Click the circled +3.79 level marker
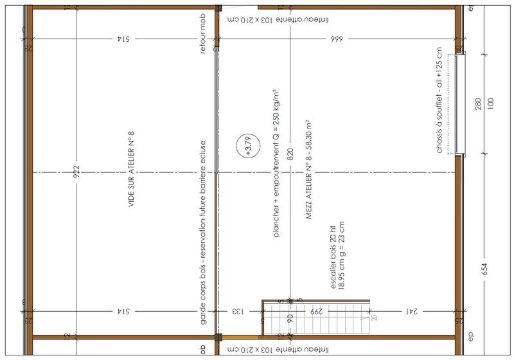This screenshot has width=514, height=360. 245,147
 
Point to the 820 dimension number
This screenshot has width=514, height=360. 290,154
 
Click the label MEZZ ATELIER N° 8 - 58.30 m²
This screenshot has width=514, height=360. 308,171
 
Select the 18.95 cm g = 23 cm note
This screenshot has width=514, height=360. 342,258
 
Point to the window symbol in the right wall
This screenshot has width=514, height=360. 458,105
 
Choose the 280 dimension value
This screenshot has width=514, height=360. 477,105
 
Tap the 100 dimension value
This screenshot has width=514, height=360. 491,105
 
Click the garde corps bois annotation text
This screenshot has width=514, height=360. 202,232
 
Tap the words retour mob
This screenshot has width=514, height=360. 202,39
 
